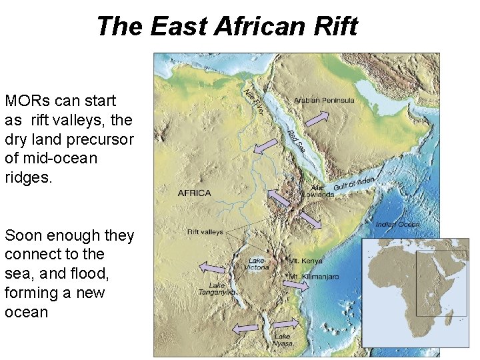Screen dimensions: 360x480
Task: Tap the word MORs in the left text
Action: coord(27,101)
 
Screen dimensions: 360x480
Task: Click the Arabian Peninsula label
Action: coord(324,101)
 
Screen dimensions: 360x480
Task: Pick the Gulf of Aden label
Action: coord(355,183)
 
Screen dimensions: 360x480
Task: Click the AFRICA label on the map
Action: coord(194,193)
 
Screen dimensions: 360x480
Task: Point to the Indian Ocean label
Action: coord(397,225)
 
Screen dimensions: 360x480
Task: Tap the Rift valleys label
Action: coord(205,233)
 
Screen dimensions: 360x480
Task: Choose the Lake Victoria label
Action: coord(258,264)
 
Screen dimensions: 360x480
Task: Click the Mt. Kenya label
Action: coord(306,261)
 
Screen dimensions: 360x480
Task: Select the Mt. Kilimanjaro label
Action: coord(313,276)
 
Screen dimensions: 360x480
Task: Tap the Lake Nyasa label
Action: coord(283,340)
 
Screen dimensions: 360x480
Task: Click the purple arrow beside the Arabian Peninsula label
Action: coord(317,119)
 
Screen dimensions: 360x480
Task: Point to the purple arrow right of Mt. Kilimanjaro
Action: coord(295,285)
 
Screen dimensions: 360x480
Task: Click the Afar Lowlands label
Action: coord(317,191)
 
